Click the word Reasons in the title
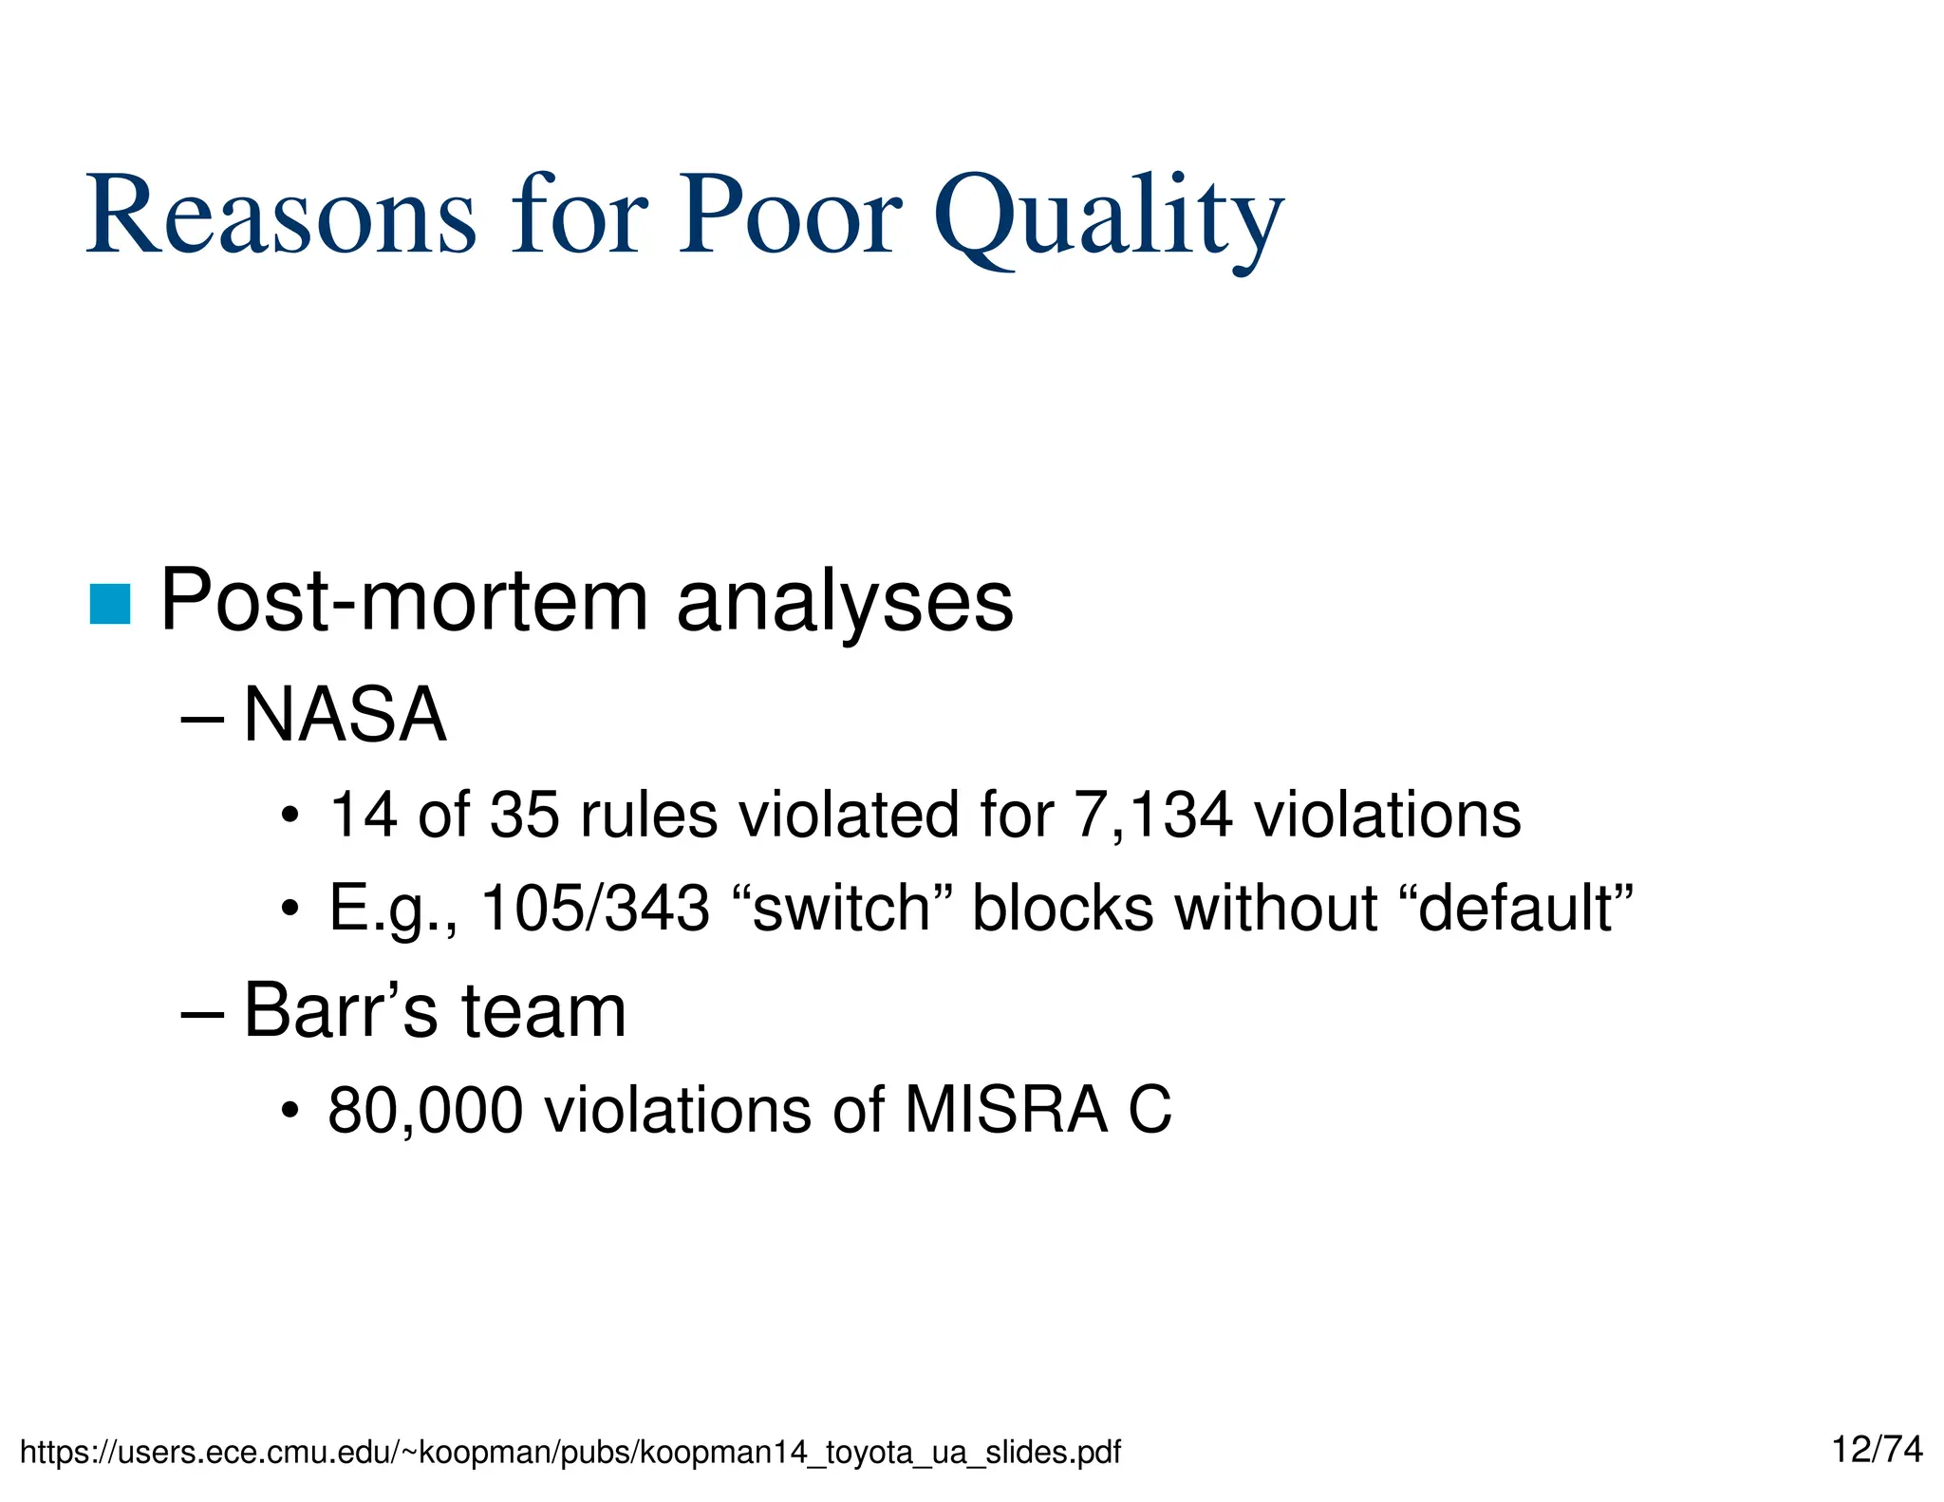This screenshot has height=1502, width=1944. [281, 216]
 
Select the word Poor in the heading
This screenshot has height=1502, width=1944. [789, 216]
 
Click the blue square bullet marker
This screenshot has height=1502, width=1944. [109, 605]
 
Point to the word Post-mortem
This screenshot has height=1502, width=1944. [404, 601]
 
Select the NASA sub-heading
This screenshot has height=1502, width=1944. [345, 715]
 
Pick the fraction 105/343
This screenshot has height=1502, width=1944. [595, 908]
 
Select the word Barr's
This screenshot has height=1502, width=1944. [341, 1011]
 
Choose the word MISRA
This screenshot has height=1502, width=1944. [1005, 1109]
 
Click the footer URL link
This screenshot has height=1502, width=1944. [570, 1452]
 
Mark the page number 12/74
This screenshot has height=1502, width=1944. [1877, 1449]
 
